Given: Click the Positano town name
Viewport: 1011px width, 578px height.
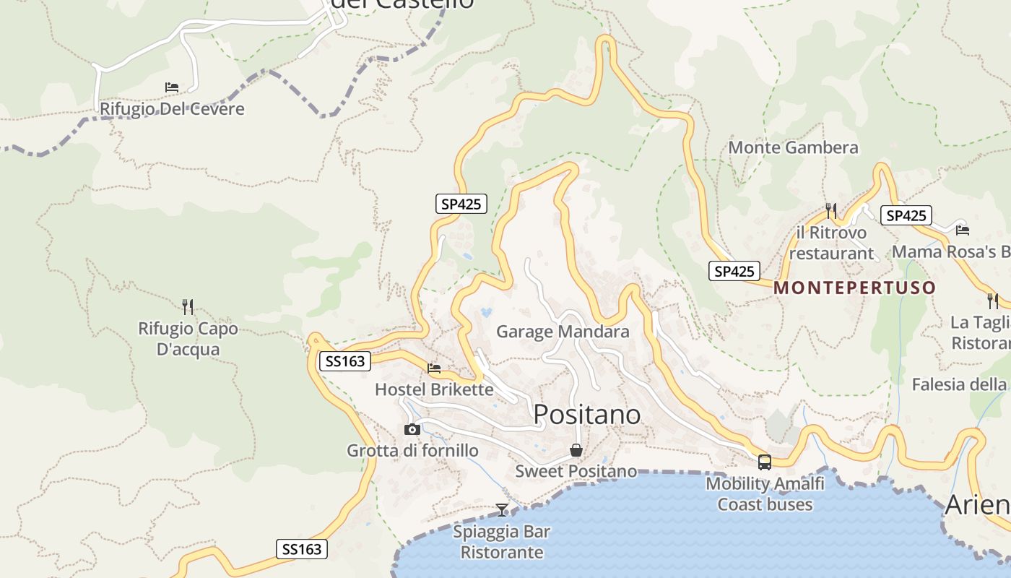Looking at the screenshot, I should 586,415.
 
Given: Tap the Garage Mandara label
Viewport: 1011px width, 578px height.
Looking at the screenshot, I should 563,332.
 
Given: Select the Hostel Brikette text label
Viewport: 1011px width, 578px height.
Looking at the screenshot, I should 434,389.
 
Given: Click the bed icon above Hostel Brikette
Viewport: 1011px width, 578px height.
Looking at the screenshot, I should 434,368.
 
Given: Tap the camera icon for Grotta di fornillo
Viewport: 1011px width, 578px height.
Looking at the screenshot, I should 412,430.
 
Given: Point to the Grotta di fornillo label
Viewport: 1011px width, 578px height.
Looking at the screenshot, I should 412,451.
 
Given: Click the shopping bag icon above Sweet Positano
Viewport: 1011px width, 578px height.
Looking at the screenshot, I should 576,451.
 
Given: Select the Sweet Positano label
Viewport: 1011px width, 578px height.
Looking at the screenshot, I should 576,472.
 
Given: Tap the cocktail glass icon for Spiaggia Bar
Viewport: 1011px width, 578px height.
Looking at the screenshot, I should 502,510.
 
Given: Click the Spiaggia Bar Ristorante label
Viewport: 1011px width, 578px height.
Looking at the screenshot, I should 502,542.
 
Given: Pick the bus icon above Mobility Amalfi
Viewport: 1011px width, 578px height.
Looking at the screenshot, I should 765,462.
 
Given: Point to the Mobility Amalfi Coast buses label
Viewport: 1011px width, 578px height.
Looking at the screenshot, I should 765,493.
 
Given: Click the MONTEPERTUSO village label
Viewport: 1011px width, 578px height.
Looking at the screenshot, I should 854,288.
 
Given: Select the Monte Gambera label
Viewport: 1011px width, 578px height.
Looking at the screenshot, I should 793,147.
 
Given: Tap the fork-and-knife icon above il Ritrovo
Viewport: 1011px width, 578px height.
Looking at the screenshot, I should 831,211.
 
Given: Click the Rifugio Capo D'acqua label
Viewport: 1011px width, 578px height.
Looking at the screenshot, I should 188,339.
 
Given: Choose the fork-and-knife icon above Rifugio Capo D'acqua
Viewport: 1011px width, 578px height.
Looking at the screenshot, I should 188,307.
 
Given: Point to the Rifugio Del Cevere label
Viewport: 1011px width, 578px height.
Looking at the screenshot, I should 172,109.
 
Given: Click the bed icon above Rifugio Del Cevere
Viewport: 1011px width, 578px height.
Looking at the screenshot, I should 172,87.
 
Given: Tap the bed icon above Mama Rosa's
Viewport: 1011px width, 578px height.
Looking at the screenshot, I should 962,230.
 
